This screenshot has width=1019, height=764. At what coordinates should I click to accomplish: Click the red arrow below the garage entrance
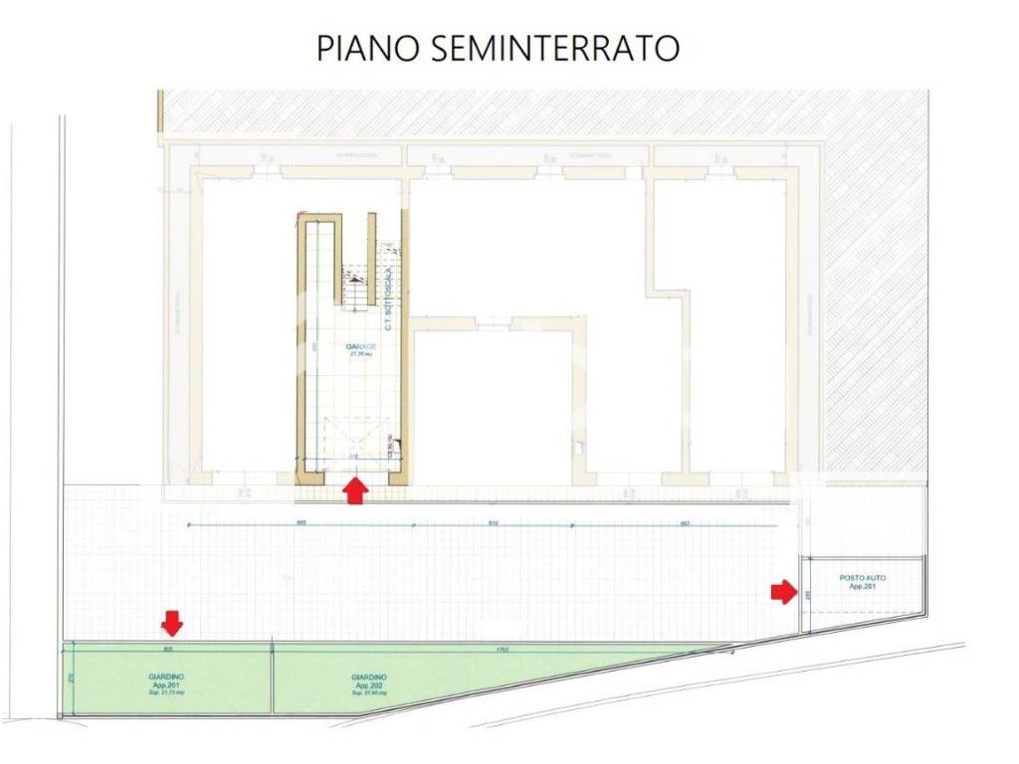tap(355, 490)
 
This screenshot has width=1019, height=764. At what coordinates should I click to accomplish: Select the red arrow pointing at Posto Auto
tap(784, 593)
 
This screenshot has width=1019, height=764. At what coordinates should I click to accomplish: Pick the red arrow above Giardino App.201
tap(172, 624)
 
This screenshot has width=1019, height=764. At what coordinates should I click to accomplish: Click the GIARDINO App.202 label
tap(368, 681)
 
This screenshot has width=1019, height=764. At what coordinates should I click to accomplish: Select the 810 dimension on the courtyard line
tap(493, 523)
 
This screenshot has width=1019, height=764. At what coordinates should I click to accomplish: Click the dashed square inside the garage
tap(354, 438)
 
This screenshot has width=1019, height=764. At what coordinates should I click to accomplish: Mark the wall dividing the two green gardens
tap(272, 678)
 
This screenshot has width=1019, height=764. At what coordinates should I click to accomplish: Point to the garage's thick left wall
tap(301, 348)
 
